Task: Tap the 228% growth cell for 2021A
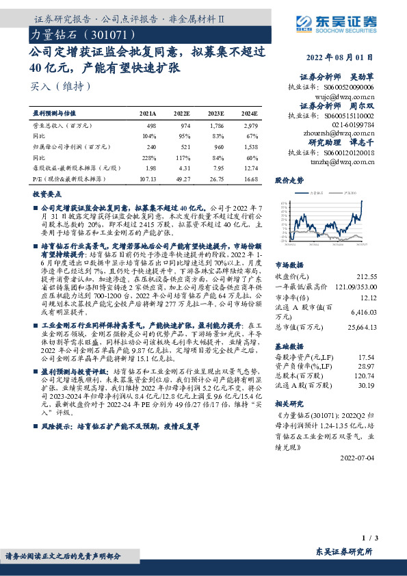(x=148, y=156)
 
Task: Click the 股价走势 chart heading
(x=288, y=181)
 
